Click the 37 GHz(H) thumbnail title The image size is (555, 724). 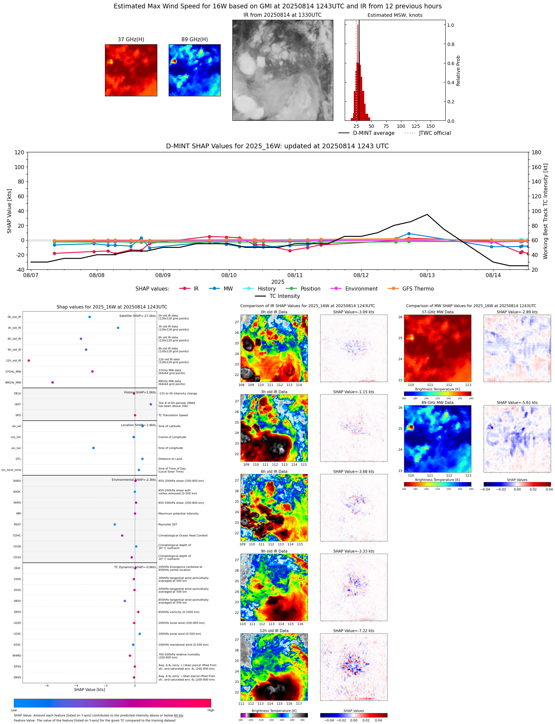[x=131, y=40]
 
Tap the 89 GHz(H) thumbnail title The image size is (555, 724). [x=195, y=40]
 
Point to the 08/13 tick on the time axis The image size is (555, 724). [x=427, y=275]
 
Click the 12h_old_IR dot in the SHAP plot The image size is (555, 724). [x=29, y=361]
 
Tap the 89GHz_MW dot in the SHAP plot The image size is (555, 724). [x=52, y=382]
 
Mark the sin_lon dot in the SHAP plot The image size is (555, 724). [x=93, y=448]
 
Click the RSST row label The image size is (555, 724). [x=17, y=524]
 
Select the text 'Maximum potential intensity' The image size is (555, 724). [x=178, y=514]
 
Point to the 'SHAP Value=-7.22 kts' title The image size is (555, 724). [x=353, y=631]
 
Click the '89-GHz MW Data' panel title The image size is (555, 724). [x=437, y=403]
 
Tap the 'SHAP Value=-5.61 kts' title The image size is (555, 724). [x=517, y=403]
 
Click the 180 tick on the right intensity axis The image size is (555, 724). [x=536, y=152]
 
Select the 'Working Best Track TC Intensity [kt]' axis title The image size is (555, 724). [x=546, y=211]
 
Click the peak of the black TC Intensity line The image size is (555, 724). [x=427, y=214]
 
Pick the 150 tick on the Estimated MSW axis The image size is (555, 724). [x=430, y=126]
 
